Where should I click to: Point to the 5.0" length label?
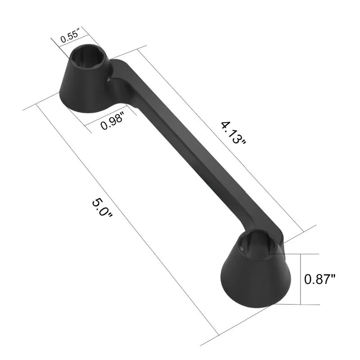point(102,208)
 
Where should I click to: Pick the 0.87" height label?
point(320,279)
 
